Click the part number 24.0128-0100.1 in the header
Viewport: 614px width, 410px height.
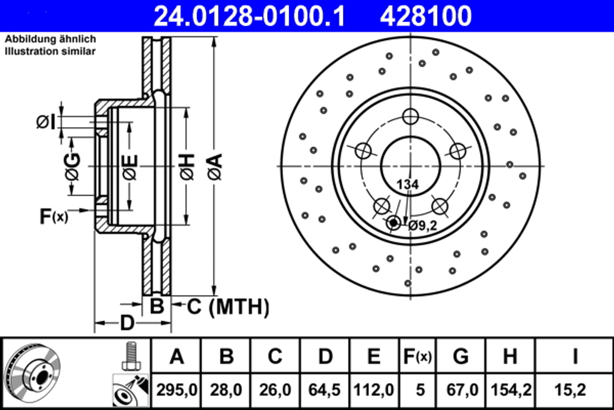point(249,15)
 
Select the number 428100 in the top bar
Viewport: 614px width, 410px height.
point(426,15)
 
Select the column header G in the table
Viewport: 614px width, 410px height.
point(460,356)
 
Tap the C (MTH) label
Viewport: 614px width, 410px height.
point(228,306)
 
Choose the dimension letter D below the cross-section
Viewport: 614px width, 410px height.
point(126,322)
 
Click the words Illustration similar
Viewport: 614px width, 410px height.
point(50,52)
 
